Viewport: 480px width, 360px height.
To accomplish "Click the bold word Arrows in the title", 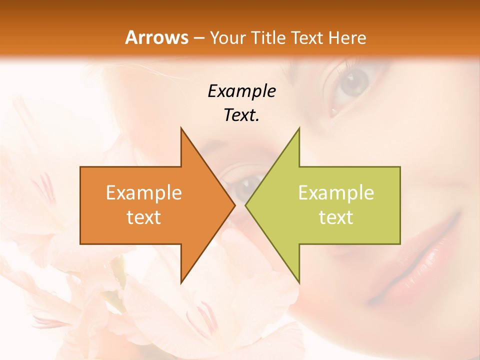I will (x=156, y=37).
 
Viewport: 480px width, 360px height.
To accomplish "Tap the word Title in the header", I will (x=269, y=38).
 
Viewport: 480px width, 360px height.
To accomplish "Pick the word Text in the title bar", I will (x=307, y=38).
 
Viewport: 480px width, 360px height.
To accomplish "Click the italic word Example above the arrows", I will (x=241, y=91).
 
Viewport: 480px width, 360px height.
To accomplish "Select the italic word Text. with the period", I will (x=241, y=115).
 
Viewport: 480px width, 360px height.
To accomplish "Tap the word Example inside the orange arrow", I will (x=144, y=193).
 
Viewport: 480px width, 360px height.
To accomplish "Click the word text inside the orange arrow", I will (x=144, y=217).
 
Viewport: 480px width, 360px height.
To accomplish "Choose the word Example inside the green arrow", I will (x=336, y=193).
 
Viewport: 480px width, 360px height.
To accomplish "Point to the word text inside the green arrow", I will (x=336, y=217).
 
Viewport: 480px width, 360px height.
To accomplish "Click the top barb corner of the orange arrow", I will (x=181, y=128).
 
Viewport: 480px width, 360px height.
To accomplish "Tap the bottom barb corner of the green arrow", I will (x=299, y=282).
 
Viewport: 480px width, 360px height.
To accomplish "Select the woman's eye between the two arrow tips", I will (x=244, y=187).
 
